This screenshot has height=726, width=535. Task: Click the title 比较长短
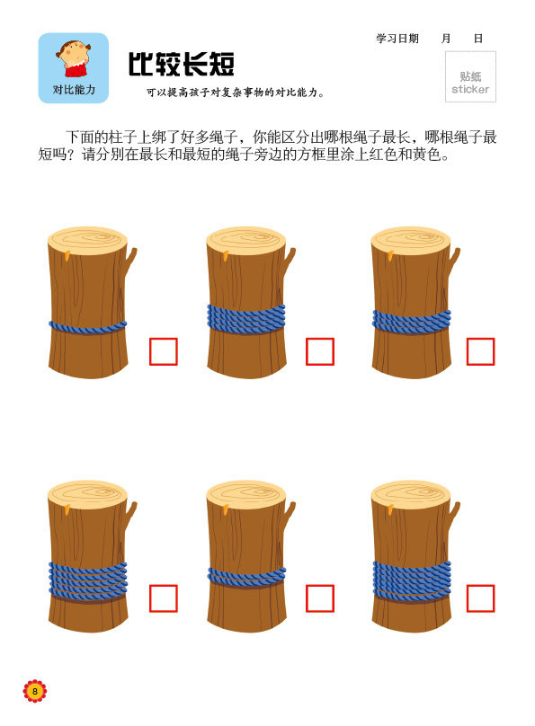click(x=181, y=64)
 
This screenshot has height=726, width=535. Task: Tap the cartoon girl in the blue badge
click(x=73, y=58)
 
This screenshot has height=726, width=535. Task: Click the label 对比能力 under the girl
click(x=74, y=89)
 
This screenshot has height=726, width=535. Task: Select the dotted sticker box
click(x=470, y=76)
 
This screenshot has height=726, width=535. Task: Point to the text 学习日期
click(x=397, y=38)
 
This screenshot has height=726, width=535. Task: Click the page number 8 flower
click(x=35, y=691)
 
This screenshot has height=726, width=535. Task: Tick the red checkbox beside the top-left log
click(x=164, y=352)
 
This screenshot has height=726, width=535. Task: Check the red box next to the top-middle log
click(x=320, y=352)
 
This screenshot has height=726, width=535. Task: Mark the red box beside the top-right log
click(x=481, y=352)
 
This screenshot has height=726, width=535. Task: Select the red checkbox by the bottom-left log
click(x=164, y=598)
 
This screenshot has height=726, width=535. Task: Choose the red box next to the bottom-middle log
click(x=320, y=598)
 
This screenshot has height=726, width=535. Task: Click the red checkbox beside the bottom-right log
click(x=481, y=598)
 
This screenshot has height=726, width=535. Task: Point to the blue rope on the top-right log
click(x=412, y=323)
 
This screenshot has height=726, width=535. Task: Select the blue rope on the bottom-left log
click(x=88, y=581)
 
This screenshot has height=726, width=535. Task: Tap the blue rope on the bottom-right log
click(x=412, y=580)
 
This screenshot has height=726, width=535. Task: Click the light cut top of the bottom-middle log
click(x=246, y=494)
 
